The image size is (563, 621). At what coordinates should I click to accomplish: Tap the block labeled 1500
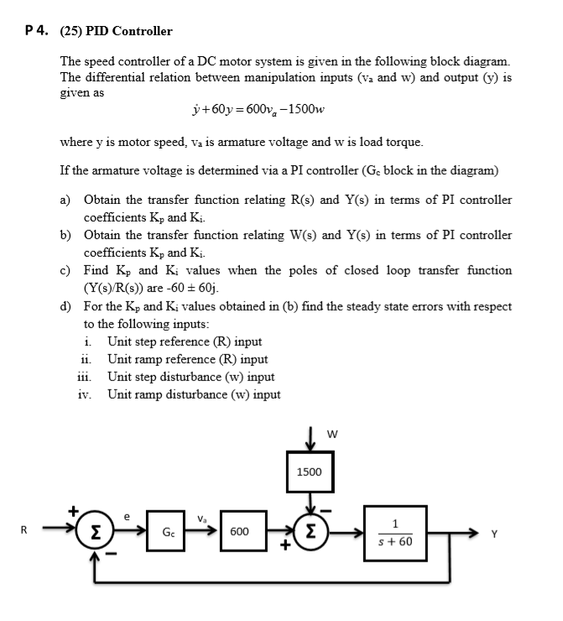[309, 472]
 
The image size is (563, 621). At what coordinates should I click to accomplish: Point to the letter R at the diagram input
[23, 530]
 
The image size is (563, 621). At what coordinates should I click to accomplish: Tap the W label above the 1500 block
[333, 435]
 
